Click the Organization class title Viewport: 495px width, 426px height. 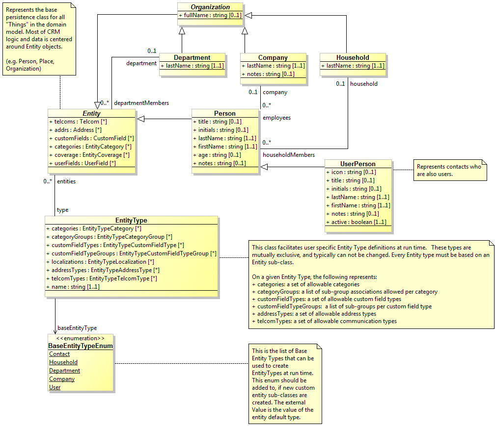tap(210, 7)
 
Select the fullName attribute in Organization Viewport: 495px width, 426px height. tap(210, 16)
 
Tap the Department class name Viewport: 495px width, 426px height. tap(192, 57)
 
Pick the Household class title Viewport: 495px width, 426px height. tap(353, 57)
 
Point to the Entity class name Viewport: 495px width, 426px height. tap(91, 113)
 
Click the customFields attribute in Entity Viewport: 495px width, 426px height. tap(91, 138)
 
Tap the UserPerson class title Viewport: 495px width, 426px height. tap(357, 164)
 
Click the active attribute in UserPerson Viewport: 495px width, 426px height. tap(356, 222)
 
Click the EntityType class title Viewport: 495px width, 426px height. tap(131, 221)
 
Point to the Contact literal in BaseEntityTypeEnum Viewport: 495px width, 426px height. tap(59, 354)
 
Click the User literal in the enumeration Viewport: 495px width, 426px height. tap(55, 387)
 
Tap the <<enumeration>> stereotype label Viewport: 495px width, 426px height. tap(81, 338)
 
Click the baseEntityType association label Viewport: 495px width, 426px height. tap(77, 328)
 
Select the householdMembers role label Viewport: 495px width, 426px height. tap(289, 155)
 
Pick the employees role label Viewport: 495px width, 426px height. tap(276, 118)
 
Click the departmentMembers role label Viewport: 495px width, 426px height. tap(141, 103)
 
